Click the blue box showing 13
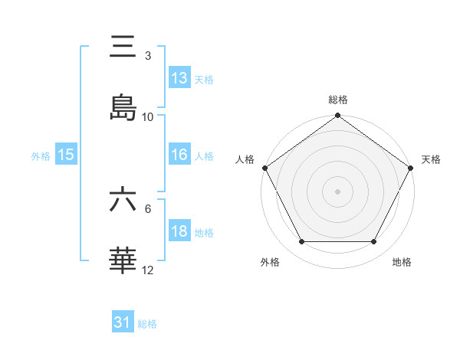179,78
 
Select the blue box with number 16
179,155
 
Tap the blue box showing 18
179,231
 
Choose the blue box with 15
66,155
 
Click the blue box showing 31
123,323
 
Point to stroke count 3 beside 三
148,56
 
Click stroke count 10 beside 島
148,116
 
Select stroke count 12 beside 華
148,270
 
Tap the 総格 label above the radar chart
337,100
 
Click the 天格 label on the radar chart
431,159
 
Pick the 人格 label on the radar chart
245,159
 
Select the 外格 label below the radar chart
270,262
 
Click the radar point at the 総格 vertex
337,116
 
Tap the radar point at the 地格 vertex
374,242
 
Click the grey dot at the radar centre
337,191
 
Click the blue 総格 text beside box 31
147,324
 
